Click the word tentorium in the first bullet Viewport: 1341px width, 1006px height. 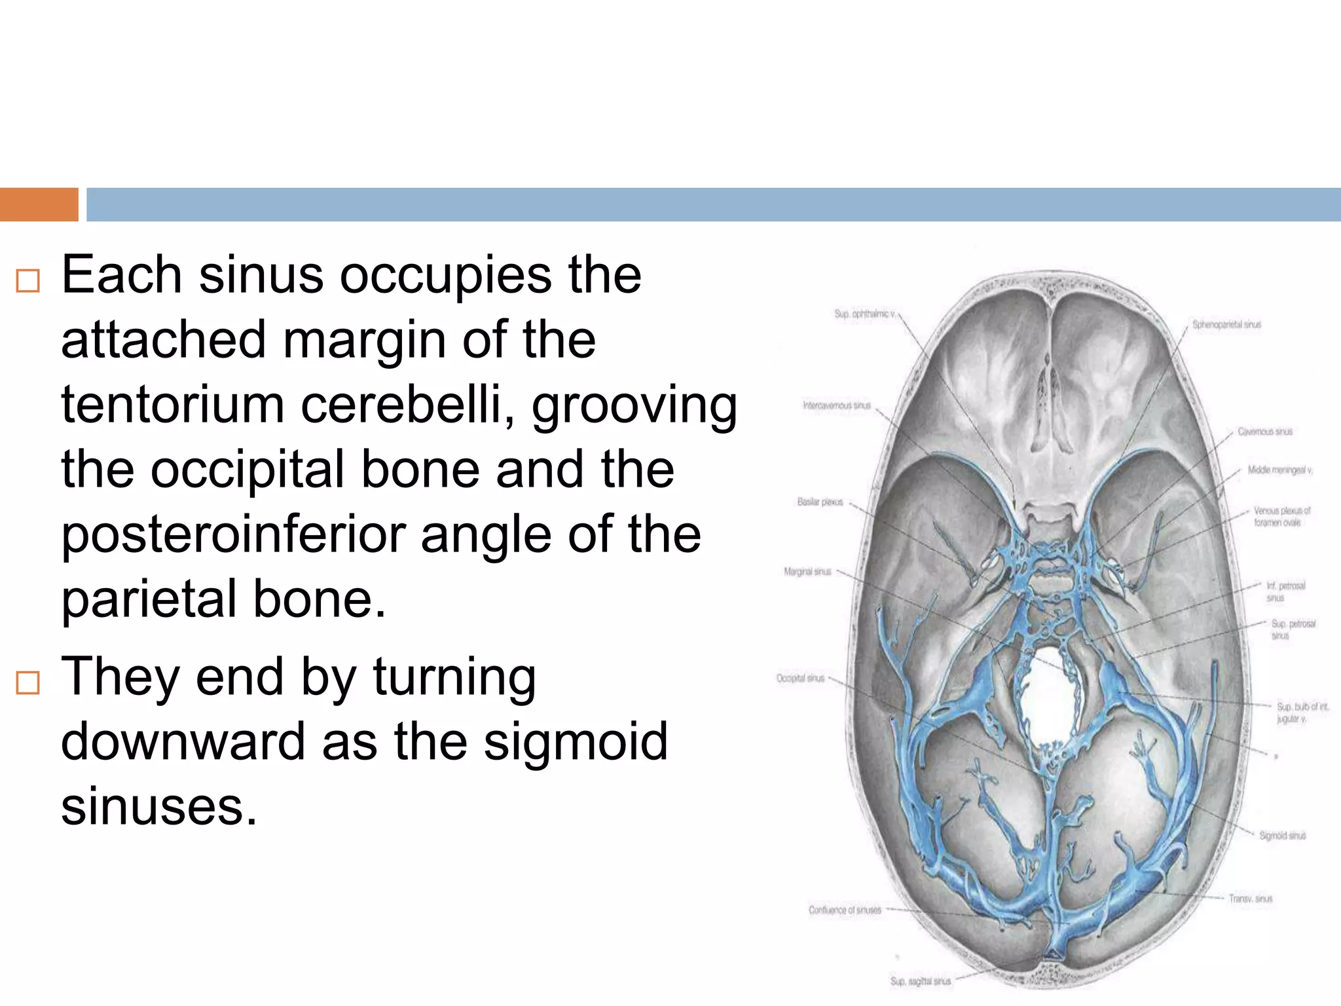coord(173,405)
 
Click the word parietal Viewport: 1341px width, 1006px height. coord(149,599)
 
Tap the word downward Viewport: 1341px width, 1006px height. coord(183,741)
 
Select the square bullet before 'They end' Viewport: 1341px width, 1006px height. coord(28,682)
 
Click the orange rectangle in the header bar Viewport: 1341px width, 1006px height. coord(39,204)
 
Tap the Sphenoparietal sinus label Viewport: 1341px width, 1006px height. coord(1226,324)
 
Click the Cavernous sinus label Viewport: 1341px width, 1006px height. coord(1264,432)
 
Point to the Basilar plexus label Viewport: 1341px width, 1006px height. coord(820,502)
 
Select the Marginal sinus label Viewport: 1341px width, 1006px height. coord(807,572)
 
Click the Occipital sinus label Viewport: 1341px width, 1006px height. coord(800,678)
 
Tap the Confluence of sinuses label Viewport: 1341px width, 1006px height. coord(845,910)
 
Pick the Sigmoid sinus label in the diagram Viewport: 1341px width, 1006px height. coord(1282,836)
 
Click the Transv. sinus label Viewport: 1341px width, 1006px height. coord(1250,899)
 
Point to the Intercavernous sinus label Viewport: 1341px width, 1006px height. coord(837,405)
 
